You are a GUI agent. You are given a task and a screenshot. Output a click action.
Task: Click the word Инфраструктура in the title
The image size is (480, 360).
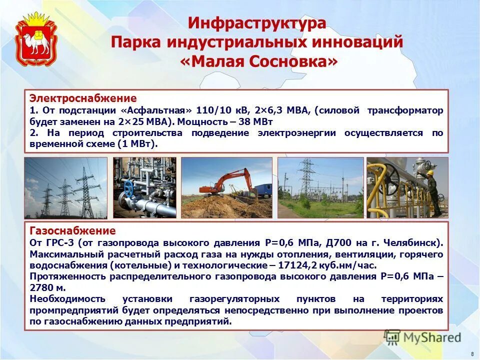tap(257, 23)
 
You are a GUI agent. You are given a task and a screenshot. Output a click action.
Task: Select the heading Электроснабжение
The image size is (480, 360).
tap(83, 98)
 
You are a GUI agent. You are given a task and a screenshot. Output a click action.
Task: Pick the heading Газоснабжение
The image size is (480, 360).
tap(72, 231)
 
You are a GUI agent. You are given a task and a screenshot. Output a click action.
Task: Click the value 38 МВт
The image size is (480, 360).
tap(252, 121)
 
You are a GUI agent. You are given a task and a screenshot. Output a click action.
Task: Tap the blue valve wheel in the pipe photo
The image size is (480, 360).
tap(129, 188)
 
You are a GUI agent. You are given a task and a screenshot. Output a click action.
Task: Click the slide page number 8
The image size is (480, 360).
tap(472, 353)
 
